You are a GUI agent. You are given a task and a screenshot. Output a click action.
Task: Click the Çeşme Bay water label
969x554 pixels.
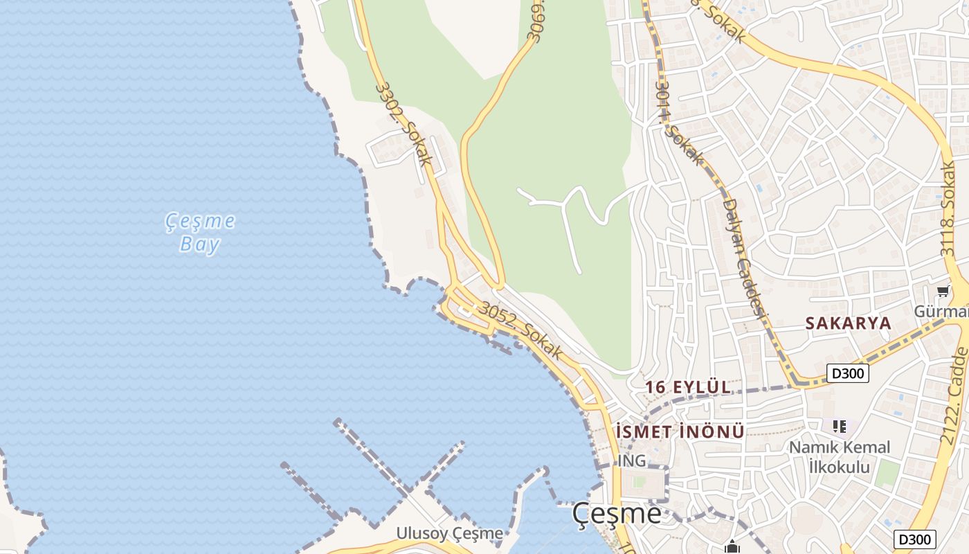[x=199, y=233]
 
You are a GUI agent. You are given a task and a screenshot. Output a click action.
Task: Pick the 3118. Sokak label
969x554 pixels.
[x=948, y=208]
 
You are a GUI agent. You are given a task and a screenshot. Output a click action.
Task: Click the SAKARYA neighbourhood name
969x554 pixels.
[x=848, y=323]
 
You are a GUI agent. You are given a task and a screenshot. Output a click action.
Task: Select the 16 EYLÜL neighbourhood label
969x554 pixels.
[x=688, y=387]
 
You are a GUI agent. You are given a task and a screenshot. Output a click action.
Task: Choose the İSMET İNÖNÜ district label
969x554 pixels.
[x=680, y=432]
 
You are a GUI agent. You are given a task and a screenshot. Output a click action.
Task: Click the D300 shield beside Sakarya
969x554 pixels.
[x=847, y=373]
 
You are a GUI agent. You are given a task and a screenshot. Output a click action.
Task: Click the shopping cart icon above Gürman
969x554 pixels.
[x=942, y=292]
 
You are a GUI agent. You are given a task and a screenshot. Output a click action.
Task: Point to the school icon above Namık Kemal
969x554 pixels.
[x=840, y=427]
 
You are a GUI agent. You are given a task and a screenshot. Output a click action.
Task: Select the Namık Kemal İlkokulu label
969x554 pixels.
[x=840, y=457]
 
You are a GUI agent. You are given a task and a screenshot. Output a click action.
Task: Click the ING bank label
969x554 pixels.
[x=631, y=461]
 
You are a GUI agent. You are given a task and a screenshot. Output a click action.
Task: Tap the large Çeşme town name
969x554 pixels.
[x=616, y=514]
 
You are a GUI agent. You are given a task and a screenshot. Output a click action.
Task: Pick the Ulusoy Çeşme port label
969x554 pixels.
[x=449, y=533]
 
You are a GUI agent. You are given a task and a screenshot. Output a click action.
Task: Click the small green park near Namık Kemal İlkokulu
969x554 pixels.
[x=887, y=474]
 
